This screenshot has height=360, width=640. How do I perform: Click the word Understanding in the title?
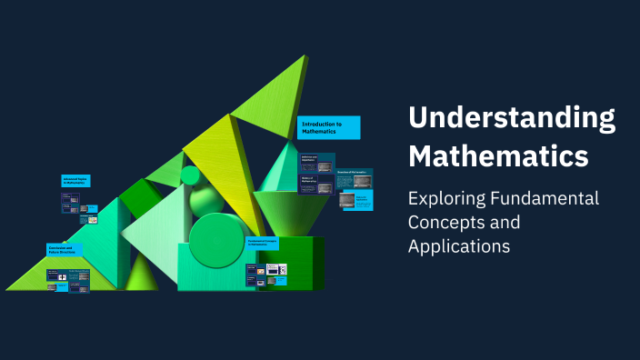[512, 118]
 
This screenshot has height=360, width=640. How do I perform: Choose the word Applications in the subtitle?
[458, 245]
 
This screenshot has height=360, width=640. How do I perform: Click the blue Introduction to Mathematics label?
[328, 127]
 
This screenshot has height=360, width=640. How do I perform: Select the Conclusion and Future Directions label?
[64, 248]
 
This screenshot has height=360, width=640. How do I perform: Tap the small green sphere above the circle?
[190, 175]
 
